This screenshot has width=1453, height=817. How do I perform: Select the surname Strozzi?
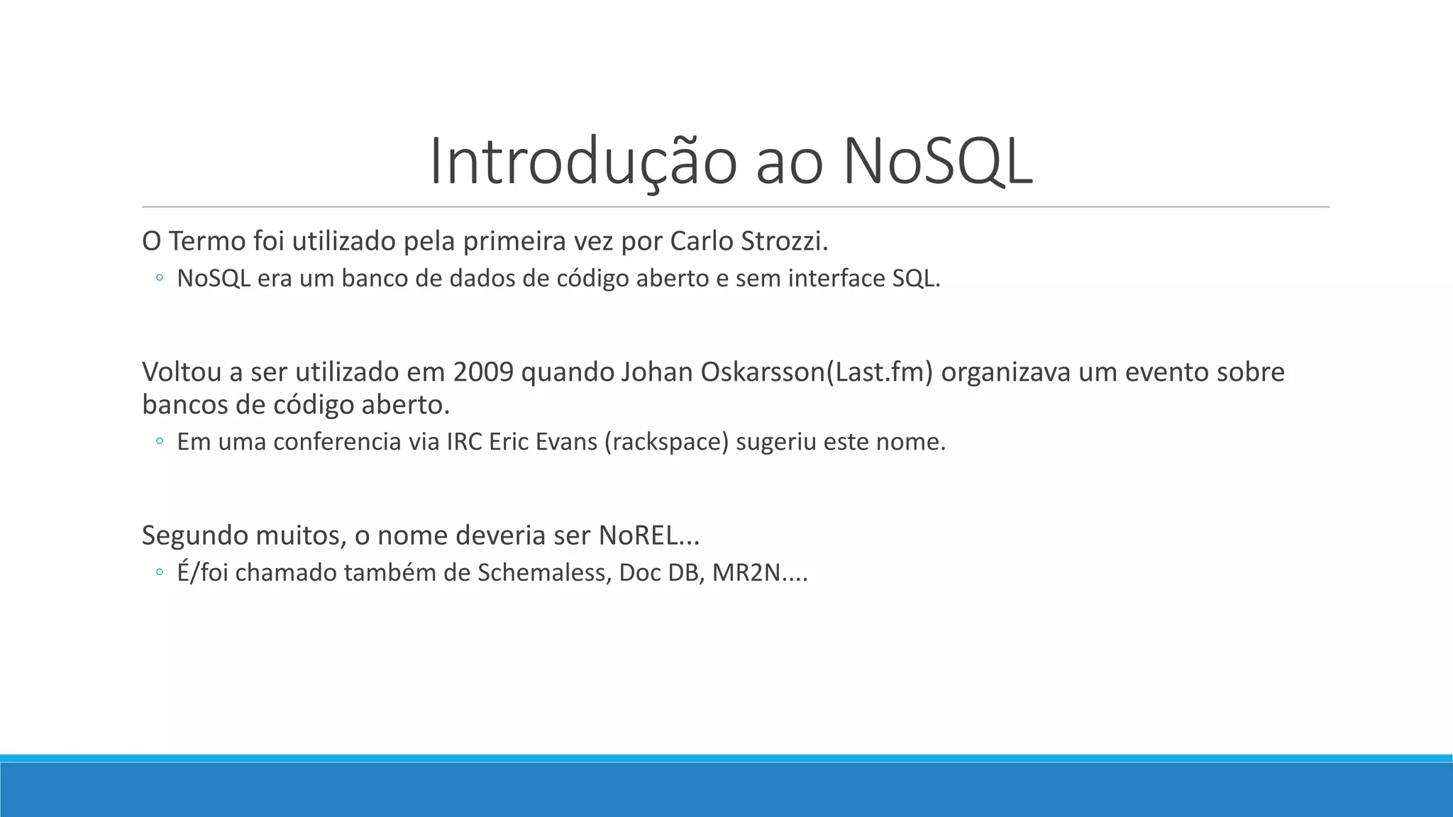click(784, 242)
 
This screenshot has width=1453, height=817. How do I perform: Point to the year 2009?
click(483, 372)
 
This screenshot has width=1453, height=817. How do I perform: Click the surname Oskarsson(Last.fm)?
click(817, 372)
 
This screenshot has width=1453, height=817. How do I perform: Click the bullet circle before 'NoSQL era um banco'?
click(160, 279)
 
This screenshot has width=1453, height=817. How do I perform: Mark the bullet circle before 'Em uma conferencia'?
click(160, 442)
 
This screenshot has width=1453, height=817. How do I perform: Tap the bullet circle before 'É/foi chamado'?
click(160, 572)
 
